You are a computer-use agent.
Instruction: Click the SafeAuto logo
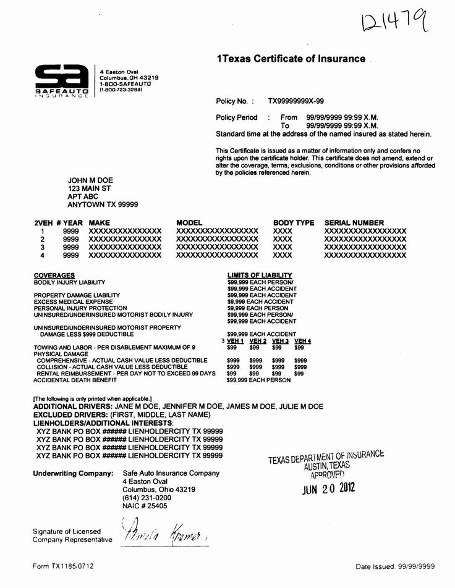point(60,81)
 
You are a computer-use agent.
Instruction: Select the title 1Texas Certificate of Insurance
point(291,59)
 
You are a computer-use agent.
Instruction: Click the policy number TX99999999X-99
point(296,100)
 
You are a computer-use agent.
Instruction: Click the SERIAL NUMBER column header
point(354,223)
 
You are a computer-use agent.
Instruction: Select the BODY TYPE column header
point(294,223)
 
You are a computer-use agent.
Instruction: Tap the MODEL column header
point(190,223)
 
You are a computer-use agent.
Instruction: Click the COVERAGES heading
point(54,275)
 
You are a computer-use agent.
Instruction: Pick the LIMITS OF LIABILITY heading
point(260,275)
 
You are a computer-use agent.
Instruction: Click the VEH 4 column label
point(303,341)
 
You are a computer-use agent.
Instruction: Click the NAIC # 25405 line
point(145,506)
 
